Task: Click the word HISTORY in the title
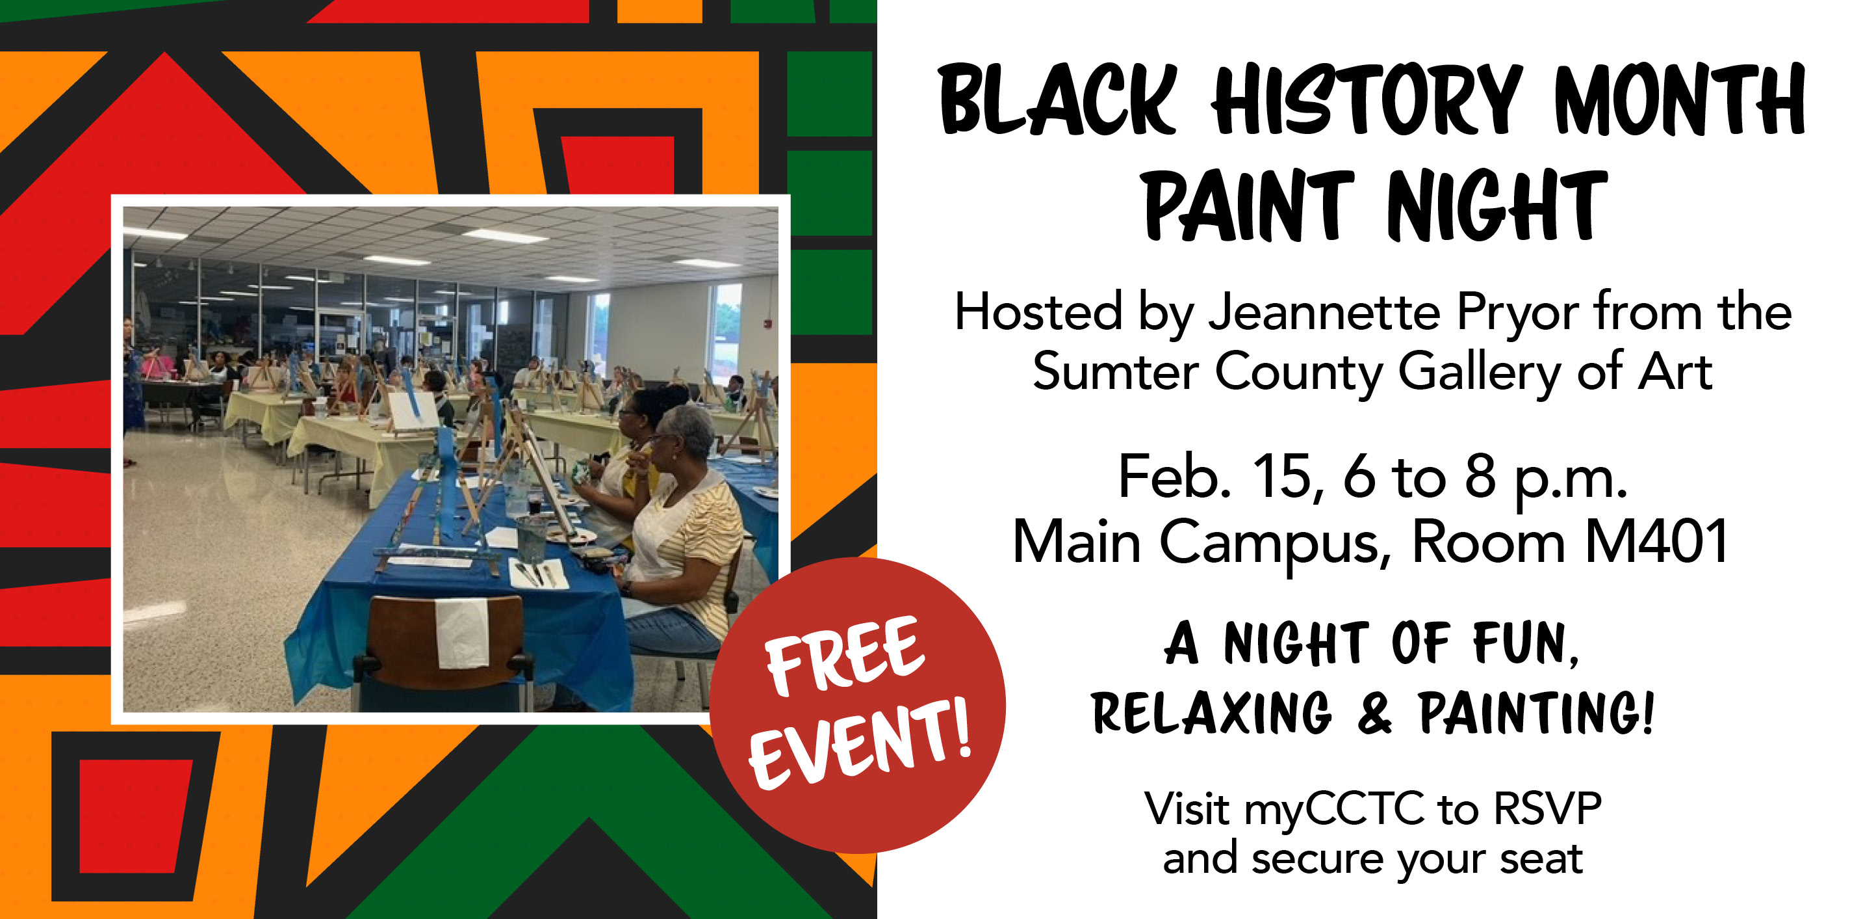click(x=1368, y=100)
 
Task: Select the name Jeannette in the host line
click(x=1324, y=312)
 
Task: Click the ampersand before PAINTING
click(x=1374, y=713)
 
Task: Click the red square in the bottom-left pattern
click(x=135, y=816)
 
